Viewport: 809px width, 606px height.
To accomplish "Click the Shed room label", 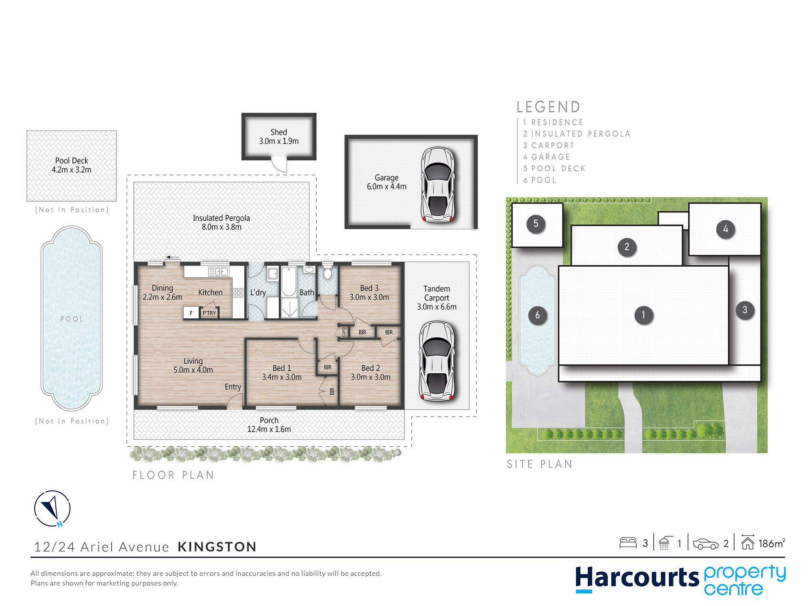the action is tap(279, 132).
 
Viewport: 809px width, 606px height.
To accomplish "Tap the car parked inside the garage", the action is tap(437, 185).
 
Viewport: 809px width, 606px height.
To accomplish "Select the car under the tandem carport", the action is tap(436, 361).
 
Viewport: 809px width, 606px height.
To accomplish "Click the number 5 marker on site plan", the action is tap(536, 224).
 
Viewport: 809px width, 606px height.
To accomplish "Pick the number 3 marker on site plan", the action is tap(745, 310).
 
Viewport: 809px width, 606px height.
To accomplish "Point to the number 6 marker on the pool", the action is tap(537, 315).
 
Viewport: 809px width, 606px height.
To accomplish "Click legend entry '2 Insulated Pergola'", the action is tap(577, 134).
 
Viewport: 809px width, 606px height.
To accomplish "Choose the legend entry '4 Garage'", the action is tap(546, 157).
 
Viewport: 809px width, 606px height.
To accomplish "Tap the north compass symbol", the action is tap(52, 509).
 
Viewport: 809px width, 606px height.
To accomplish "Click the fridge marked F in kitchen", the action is tap(191, 313).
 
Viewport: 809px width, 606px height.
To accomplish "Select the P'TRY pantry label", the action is tap(209, 313).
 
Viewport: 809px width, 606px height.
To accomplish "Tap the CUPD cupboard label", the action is tap(344, 332).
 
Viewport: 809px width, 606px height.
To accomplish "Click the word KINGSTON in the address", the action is tap(217, 547).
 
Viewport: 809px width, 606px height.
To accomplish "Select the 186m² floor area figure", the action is tap(771, 543).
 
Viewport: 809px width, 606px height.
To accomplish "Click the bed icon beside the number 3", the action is tap(628, 543).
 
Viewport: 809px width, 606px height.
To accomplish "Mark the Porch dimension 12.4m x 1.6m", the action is tap(269, 429).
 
